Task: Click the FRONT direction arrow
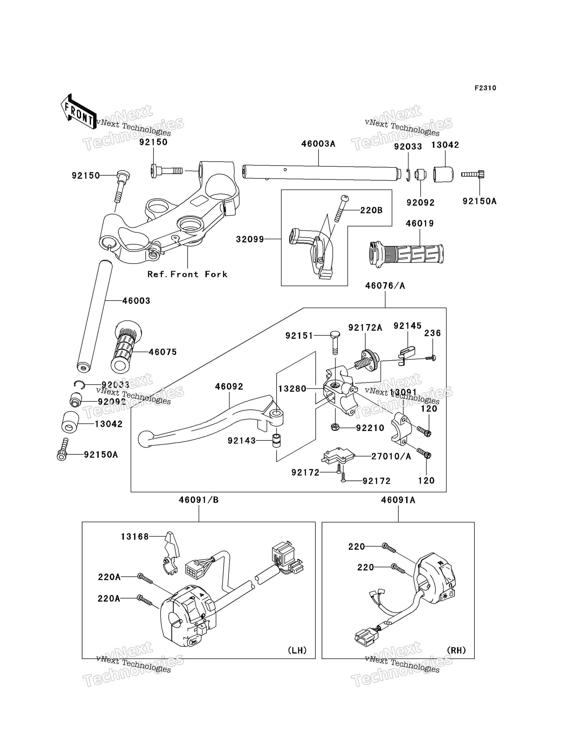point(78,112)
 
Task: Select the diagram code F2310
point(485,88)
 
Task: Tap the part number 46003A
point(318,144)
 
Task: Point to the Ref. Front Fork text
point(187,274)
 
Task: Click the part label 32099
point(250,239)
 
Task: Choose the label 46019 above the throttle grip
point(420,223)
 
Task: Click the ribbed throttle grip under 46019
point(406,254)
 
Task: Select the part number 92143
point(242,441)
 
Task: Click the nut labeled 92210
point(335,427)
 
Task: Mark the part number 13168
point(135,536)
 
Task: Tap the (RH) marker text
point(456,650)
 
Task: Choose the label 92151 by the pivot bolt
point(299,336)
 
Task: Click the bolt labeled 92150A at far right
point(473,174)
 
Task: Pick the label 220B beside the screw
point(371,211)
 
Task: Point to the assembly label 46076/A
point(385,286)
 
